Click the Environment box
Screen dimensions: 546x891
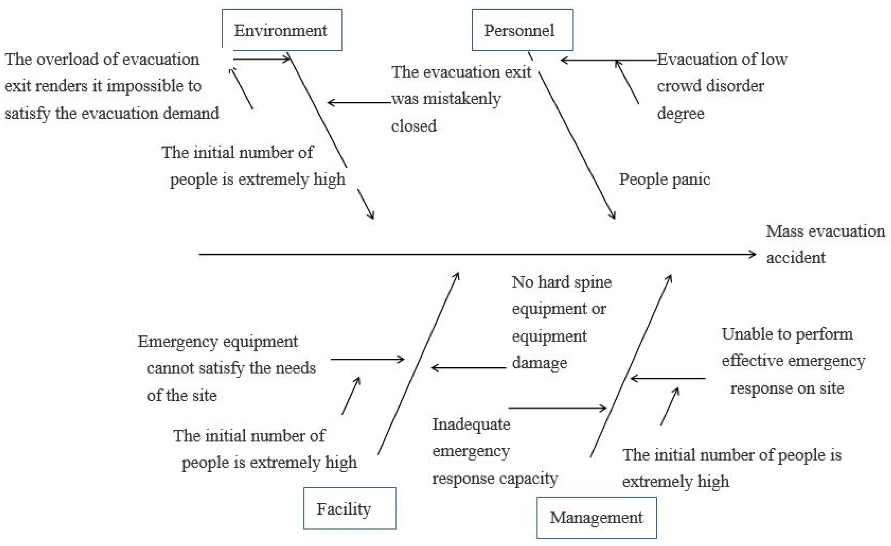[282, 30]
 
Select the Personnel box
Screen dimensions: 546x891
[522, 30]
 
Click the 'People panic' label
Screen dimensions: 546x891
[664, 179]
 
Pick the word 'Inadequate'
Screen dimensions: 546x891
[471, 424]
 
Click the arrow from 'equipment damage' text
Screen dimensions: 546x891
[469, 368]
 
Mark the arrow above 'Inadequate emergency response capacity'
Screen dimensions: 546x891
[557, 408]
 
